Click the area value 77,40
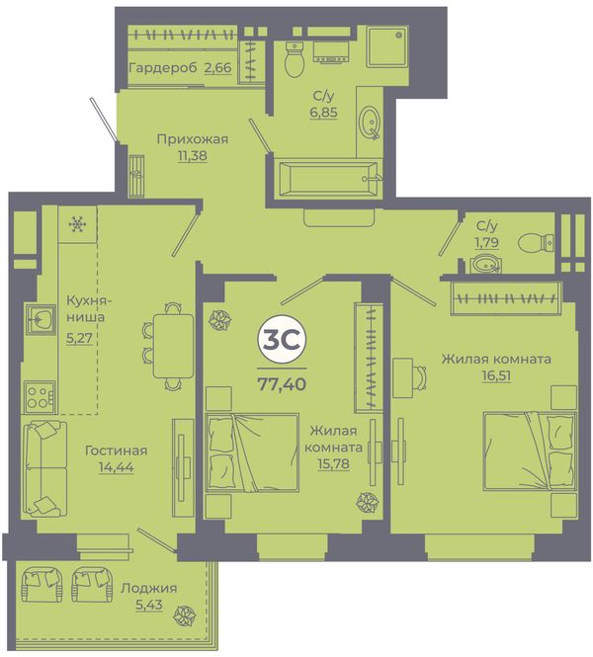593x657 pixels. click(x=282, y=383)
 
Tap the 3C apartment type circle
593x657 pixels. click(x=282, y=340)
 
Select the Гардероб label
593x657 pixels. click(x=163, y=67)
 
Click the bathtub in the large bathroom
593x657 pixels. click(x=328, y=179)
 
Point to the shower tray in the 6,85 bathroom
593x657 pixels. click(x=386, y=46)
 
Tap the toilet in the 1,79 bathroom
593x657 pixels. click(x=536, y=243)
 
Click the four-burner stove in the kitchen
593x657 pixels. click(x=40, y=396)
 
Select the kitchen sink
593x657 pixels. click(x=41, y=320)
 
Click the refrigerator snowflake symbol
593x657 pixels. click(x=77, y=224)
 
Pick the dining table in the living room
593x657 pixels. click(x=174, y=346)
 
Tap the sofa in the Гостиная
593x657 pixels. click(x=44, y=468)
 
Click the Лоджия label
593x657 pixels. click(x=149, y=588)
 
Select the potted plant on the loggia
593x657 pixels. click(x=185, y=615)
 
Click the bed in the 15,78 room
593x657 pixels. click(x=252, y=452)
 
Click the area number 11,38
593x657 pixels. click(x=193, y=156)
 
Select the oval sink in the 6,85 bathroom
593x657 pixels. click(x=371, y=122)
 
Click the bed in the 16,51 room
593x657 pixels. click(x=530, y=451)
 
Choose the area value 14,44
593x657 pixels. click(x=117, y=466)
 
